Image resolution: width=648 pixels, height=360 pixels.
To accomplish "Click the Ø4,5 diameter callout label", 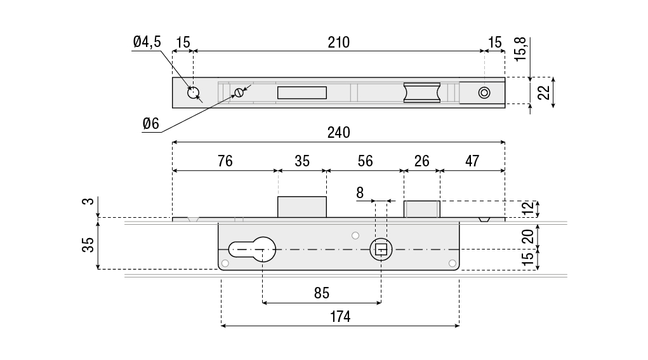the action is click(x=147, y=42).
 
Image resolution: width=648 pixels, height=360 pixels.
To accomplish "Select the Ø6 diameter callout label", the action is click(x=151, y=123).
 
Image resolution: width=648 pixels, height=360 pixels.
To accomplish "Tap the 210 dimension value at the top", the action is click(x=338, y=42).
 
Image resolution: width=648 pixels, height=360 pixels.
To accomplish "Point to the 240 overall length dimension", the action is click(x=338, y=133).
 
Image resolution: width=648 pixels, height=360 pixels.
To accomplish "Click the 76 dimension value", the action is click(x=225, y=161).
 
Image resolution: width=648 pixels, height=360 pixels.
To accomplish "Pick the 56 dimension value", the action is click(x=366, y=161).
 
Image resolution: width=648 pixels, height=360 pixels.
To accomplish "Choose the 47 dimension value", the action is click(x=472, y=161).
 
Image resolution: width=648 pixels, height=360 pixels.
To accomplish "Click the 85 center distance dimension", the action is click(x=322, y=293).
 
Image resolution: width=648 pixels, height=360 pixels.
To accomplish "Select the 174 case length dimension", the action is click(x=340, y=317).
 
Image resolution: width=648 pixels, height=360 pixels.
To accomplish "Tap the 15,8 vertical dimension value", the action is click(x=520, y=49).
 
